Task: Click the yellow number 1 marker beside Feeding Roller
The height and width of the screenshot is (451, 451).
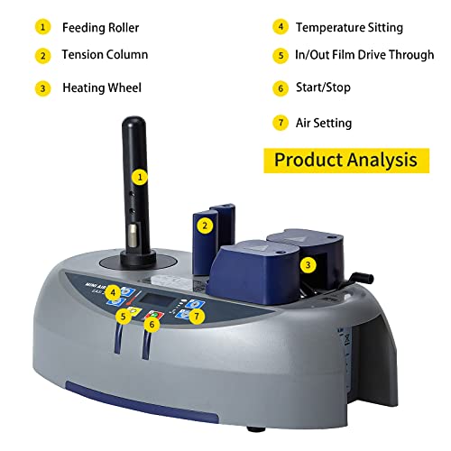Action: pos(42,27)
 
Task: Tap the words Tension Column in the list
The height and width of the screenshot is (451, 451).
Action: pos(105,55)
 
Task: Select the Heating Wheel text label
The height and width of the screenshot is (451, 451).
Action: pos(102,87)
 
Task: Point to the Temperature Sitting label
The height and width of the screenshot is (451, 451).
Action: pos(349,28)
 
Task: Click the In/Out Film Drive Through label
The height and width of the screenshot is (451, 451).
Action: pos(364,55)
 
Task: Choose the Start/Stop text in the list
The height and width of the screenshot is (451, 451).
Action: pos(323,87)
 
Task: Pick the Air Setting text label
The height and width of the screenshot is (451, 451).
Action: pos(324,124)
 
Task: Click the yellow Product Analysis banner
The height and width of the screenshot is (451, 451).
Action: pos(346,161)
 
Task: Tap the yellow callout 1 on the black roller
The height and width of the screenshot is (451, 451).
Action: pos(140,177)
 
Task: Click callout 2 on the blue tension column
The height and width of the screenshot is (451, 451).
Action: pos(205,225)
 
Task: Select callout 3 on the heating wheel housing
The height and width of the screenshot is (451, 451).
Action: pos(308,265)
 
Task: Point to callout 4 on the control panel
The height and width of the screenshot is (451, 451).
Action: pos(113,292)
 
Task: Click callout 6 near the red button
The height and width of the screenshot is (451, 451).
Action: pos(152,324)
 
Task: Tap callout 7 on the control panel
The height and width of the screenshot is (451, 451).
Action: pos(197,316)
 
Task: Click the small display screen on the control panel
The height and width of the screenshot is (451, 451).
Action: pos(158,299)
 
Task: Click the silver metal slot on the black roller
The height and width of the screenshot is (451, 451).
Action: pos(133,235)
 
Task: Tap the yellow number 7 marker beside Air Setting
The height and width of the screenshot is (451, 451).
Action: pos(281,123)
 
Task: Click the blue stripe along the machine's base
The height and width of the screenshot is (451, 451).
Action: pos(142,401)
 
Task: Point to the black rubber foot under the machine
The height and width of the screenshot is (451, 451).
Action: pos(256,428)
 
